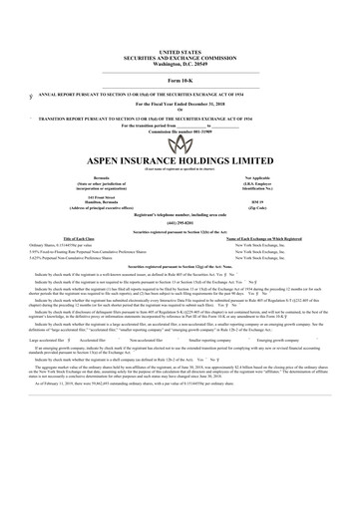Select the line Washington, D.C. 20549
[x=180, y=62]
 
